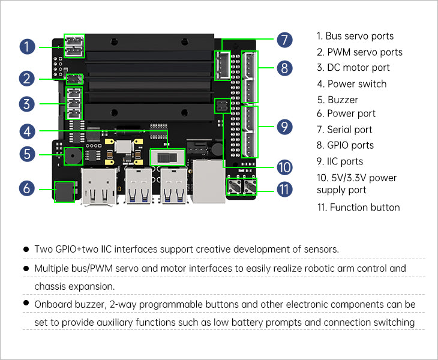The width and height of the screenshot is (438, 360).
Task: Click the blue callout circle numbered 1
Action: pyautogui.click(x=26, y=46)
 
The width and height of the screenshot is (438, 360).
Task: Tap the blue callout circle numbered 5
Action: pyautogui.click(x=26, y=154)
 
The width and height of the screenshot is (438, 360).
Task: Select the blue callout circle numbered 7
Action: pyautogui.click(x=285, y=40)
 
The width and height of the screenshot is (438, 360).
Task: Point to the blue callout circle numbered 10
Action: pyautogui.click(x=285, y=167)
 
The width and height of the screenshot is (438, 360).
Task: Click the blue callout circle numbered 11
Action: pyautogui.click(x=285, y=189)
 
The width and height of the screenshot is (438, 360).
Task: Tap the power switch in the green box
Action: pyautogui.click(x=167, y=157)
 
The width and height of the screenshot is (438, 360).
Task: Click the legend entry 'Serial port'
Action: pyautogui.click(x=349, y=130)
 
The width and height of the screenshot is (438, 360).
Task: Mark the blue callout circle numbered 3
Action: pyautogui.click(x=26, y=104)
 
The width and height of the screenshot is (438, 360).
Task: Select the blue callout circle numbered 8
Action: pyautogui.click(x=285, y=68)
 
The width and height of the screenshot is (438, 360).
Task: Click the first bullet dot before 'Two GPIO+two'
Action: pyautogui.click(x=26, y=248)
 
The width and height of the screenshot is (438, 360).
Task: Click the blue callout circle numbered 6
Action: pyautogui.click(x=26, y=188)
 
